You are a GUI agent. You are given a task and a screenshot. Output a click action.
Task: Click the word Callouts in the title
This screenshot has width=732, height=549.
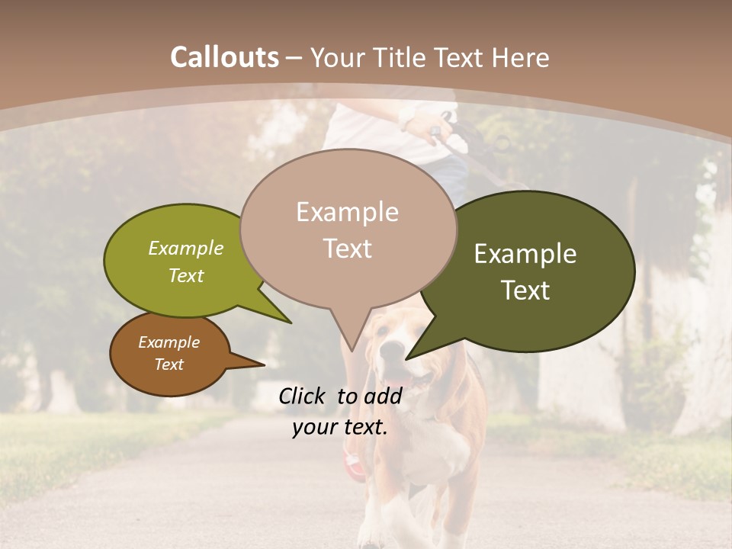click(x=224, y=57)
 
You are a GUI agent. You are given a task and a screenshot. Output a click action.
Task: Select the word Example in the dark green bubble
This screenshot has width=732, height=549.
click(x=525, y=254)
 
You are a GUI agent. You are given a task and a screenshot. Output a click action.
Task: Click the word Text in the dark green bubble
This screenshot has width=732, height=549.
click(x=525, y=291)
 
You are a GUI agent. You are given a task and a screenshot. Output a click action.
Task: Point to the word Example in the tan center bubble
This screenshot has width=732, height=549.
click(x=347, y=212)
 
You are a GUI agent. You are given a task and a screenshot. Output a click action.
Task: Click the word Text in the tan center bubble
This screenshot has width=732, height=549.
click(x=347, y=249)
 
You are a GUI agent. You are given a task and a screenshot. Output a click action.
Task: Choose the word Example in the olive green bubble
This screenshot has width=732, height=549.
click(x=185, y=248)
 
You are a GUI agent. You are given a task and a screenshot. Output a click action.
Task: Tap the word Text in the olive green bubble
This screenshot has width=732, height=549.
click(x=185, y=275)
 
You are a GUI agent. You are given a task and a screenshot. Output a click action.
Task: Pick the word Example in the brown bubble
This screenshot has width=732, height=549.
click(x=169, y=342)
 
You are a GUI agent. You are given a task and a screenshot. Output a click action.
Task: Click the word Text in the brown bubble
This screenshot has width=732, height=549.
click(x=169, y=364)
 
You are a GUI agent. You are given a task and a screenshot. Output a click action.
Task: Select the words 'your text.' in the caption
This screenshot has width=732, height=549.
click(x=339, y=428)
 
